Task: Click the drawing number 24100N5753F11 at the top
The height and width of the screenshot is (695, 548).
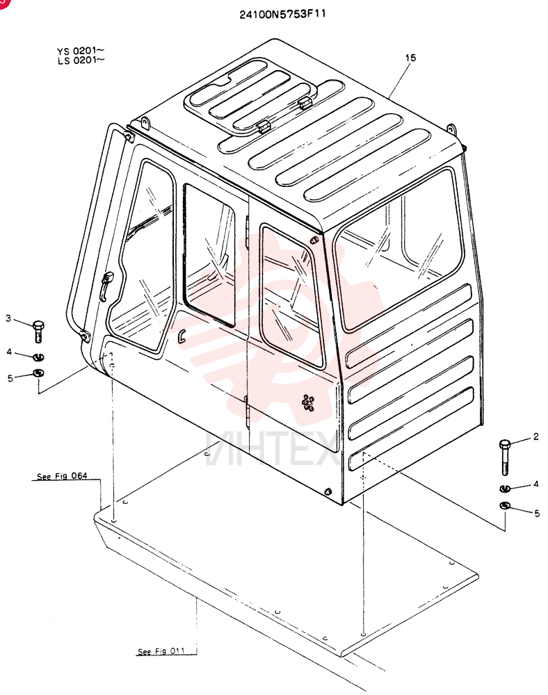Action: pyautogui.click(x=282, y=14)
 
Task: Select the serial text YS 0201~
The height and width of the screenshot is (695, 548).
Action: pyautogui.click(x=81, y=51)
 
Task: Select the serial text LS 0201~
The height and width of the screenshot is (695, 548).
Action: pyautogui.click(x=81, y=60)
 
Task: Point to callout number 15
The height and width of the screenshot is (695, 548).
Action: pyautogui.click(x=410, y=58)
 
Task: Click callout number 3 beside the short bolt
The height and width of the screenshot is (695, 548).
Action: pyautogui.click(x=8, y=318)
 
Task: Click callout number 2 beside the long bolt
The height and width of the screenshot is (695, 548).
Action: pyautogui.click(x=535, y=436)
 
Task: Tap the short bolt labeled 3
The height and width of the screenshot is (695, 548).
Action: pyautogui.click(x=38, y=331)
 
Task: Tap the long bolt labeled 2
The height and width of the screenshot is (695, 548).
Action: pyautogui.click(x=505, y=457)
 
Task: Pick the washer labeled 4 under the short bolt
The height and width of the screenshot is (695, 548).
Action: pyautogui.click(x=39, y=357)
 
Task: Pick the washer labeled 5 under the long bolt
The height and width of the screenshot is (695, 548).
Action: pyautogui.click(x=505, y=505)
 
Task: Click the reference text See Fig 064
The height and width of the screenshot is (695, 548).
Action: pyautogui.click(x=62, y=477)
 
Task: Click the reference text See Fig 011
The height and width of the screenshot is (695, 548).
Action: pyautogui.click(x=161, y=651)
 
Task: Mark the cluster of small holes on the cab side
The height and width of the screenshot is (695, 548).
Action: pyautogui.click(x=307, y=402)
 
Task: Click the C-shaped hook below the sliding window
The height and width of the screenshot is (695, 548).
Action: pyautogui.click(x=182, y=336)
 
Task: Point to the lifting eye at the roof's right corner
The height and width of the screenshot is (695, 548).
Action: pyautogui.click(x=451, y=129)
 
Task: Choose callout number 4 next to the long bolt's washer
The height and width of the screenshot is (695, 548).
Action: pyautogui.click(x=536, y=484)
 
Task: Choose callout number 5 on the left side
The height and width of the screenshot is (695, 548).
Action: pyautogui.click(x=10, y=378)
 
